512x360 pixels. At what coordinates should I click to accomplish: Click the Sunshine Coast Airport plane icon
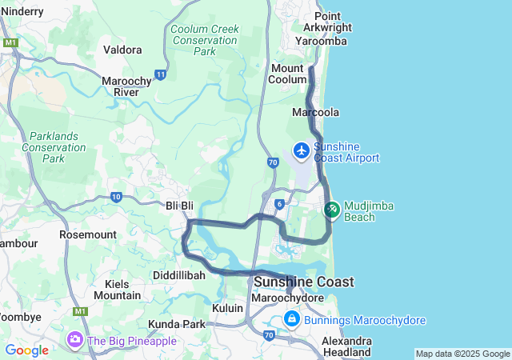(x=302, y=150)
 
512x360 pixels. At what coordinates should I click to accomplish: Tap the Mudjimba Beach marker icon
(x=331, y=210)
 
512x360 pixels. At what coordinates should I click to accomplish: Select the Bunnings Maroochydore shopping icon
(x=292, y=320)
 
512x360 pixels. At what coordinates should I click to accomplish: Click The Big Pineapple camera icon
(x=75, y=340)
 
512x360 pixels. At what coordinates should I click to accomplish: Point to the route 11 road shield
(x=161, y=74)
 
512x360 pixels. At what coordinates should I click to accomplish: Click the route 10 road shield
(x=117, y=196)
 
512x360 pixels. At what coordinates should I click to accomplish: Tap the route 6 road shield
(x=279, y=204)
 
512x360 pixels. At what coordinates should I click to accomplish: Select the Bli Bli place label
(x=179, y=206)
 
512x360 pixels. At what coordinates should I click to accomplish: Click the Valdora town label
(x=123, y=50)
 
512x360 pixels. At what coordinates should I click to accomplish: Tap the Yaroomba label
(x=321, y=41)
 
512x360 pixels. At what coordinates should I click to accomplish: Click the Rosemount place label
(x=88, y=235)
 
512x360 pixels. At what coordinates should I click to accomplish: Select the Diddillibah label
(x=179, y=274)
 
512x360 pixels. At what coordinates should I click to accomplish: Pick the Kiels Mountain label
(x=117, y=290)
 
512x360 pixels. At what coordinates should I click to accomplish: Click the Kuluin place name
(x=228, y=307)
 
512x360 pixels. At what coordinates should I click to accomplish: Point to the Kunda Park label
(x=177, y=324)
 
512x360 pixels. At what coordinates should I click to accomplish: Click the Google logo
(x=26, y=350)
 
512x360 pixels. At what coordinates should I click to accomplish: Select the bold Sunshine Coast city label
(x=304, y=282)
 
